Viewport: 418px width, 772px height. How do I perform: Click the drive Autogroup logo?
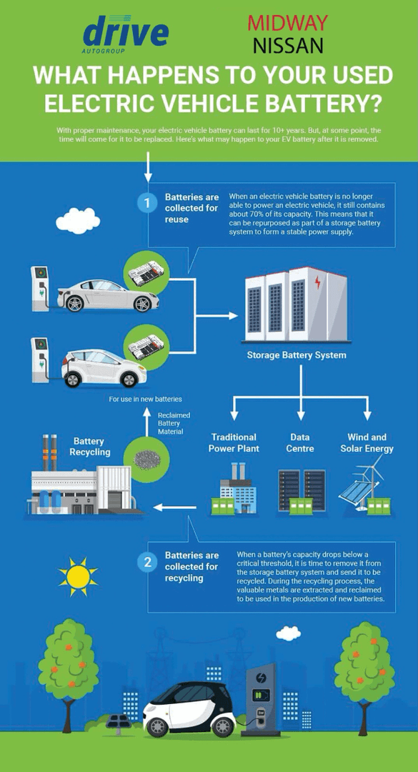pyautogui.click(x=126, y=34)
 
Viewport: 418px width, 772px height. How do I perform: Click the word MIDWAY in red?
pyautogui.click(x=287, y=23)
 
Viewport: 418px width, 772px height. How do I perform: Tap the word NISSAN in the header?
pyautogui.click(x=288, y=46)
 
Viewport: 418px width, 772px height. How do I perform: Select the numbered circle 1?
pyautogui.click(x=146, y=203)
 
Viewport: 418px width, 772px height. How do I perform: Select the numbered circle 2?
pyautogui.click(x=146, y=563)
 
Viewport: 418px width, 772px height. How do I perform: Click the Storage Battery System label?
pyautogui.click(x=297, y=355)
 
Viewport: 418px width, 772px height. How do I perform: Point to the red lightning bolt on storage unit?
pyautogui.click(x=317, y=283)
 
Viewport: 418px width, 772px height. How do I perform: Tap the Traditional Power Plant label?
pyautogui.click(x=234, y=442)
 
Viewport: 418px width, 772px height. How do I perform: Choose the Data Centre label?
pyautogui.click(x=300, y=442)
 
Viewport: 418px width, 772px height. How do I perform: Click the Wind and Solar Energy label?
pyautogui.click(x=367, y=442)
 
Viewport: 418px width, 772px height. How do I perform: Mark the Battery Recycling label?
pyautogui.click(x=89, y=446)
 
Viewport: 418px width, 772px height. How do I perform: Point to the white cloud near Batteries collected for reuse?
pyautogui.click(x=78, y=221)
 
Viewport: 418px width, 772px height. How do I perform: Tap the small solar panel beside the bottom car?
pyautogui.click(x=116, y=722)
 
